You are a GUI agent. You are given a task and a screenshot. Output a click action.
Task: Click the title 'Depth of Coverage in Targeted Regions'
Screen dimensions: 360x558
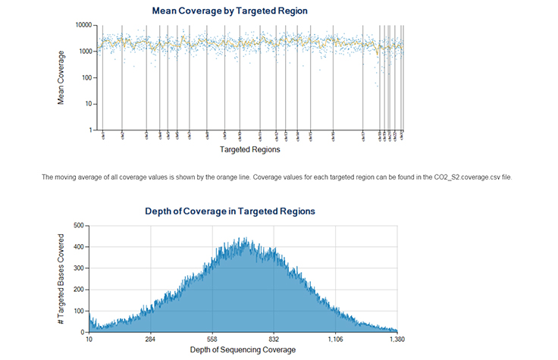230,211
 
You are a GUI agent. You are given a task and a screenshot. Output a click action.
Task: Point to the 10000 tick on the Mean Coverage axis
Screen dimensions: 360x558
81,25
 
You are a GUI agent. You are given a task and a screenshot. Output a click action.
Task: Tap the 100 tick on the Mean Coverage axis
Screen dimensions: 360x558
86,77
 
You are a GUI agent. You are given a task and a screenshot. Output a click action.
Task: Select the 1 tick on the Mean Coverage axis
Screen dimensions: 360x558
89,130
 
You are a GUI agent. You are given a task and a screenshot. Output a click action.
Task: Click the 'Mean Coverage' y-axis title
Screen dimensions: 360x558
61,77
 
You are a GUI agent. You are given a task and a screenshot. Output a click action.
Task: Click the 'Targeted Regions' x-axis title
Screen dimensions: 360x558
249,150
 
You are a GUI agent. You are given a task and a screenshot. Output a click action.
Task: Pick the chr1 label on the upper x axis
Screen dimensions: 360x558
102,136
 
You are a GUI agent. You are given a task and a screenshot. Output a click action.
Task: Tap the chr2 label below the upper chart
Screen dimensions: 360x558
122,136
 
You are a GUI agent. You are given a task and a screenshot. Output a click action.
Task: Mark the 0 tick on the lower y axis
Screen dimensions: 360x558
81,332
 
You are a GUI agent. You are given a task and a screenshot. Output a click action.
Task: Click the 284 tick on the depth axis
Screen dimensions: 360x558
151,340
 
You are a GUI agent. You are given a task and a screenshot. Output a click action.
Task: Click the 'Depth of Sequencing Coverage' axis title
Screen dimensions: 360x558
243,350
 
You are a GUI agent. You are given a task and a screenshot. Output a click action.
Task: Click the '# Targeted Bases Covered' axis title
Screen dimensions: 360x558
61,279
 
